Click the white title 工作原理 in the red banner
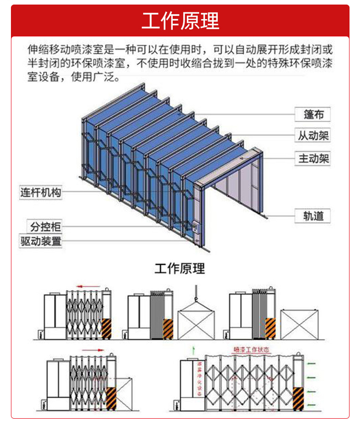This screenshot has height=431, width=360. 180,21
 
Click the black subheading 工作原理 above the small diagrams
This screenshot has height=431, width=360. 180,268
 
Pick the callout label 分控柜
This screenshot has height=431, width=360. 46,226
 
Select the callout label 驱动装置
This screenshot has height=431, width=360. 41,241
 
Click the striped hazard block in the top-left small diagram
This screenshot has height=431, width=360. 107,328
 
